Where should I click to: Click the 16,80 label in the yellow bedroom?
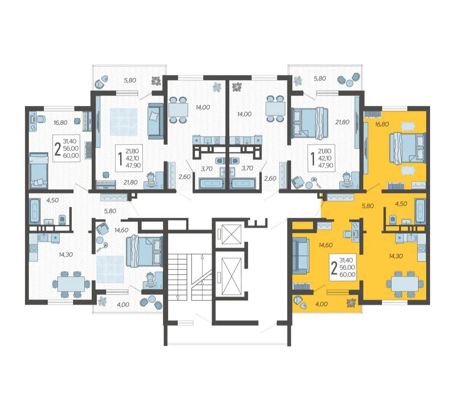[x=382, y=124]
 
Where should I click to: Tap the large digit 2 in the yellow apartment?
[x=334, y=268]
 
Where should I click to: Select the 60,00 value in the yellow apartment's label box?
[x=347, y=275]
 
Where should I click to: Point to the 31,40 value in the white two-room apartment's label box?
[x=70, y=141]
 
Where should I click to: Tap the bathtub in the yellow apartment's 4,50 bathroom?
[x=420, y=211]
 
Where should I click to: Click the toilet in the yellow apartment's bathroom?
[x=393, y=219]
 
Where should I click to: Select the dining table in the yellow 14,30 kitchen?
[x=404, y=284]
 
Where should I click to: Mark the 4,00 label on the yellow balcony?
[x=321, y=304]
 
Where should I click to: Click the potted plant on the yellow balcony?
[x=351, y=303]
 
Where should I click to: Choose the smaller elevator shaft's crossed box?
[x=231, y=234]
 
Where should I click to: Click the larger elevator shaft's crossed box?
[x=231, y=276]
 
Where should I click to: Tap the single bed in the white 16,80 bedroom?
[x=39, y=171]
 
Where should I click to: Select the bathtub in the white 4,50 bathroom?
[x=34, y=211]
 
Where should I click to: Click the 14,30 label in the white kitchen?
[x=66, y=255]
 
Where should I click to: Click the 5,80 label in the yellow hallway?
[x=368, y=206]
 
